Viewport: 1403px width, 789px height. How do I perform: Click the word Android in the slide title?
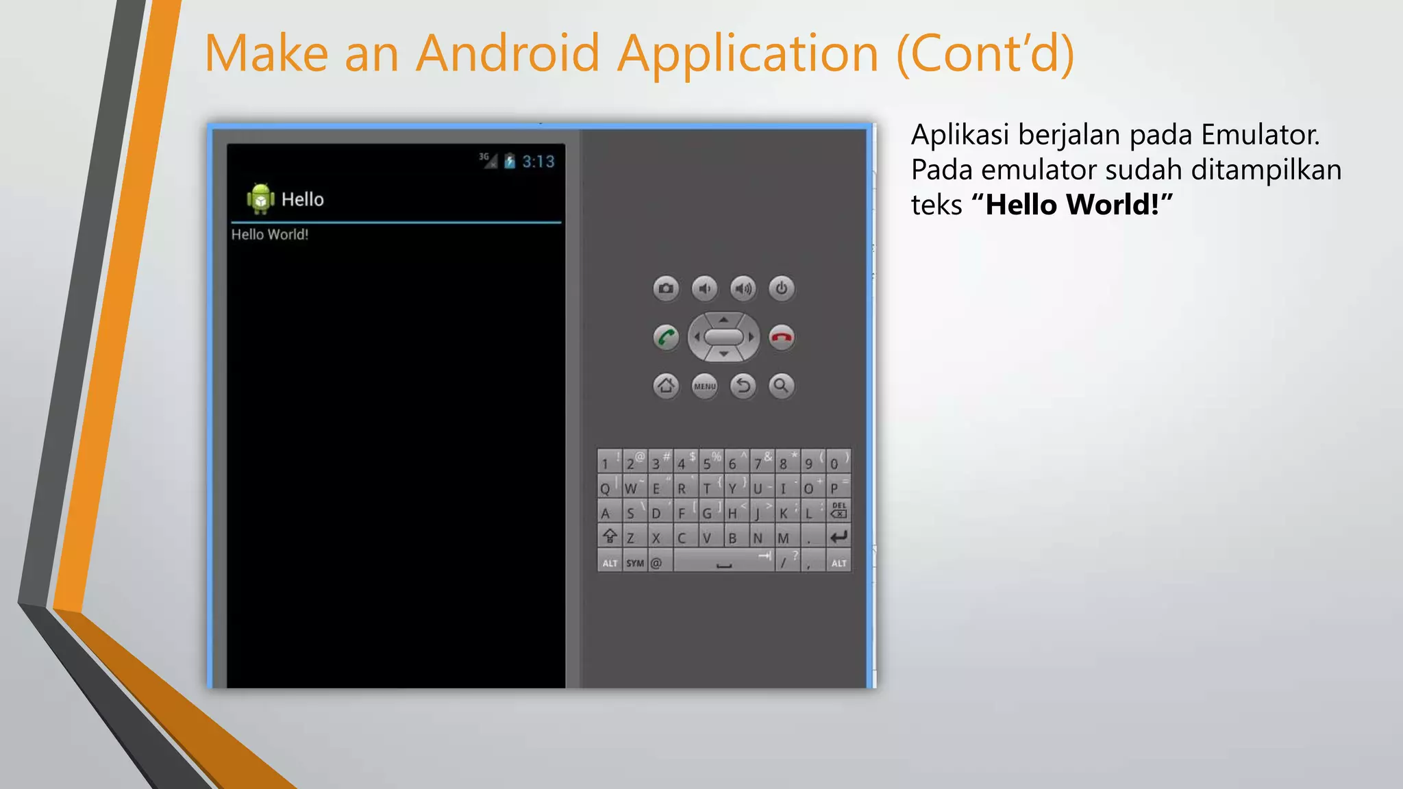point(508,53)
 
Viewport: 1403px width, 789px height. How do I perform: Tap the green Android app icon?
point(260,199)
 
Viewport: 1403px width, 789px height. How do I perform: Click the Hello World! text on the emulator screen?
point(270,234)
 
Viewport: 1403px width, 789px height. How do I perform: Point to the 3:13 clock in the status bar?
point(538,162)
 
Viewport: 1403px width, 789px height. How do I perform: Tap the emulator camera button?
point(666,288)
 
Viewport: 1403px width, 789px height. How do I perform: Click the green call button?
point(666,337)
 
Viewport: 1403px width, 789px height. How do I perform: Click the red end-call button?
point(782,337)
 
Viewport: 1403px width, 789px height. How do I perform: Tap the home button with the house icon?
point(666,386)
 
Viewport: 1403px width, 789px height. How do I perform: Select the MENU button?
point(704,386)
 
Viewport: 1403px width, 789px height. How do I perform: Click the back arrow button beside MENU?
point(743,386)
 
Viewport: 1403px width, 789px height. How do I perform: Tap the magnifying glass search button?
point(781,386)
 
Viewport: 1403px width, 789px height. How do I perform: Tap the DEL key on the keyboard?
point(839,511)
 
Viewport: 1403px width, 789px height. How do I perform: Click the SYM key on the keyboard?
point(635,563)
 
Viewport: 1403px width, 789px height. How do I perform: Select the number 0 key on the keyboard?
point(835,462)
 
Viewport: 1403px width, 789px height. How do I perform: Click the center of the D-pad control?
point(723,337)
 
